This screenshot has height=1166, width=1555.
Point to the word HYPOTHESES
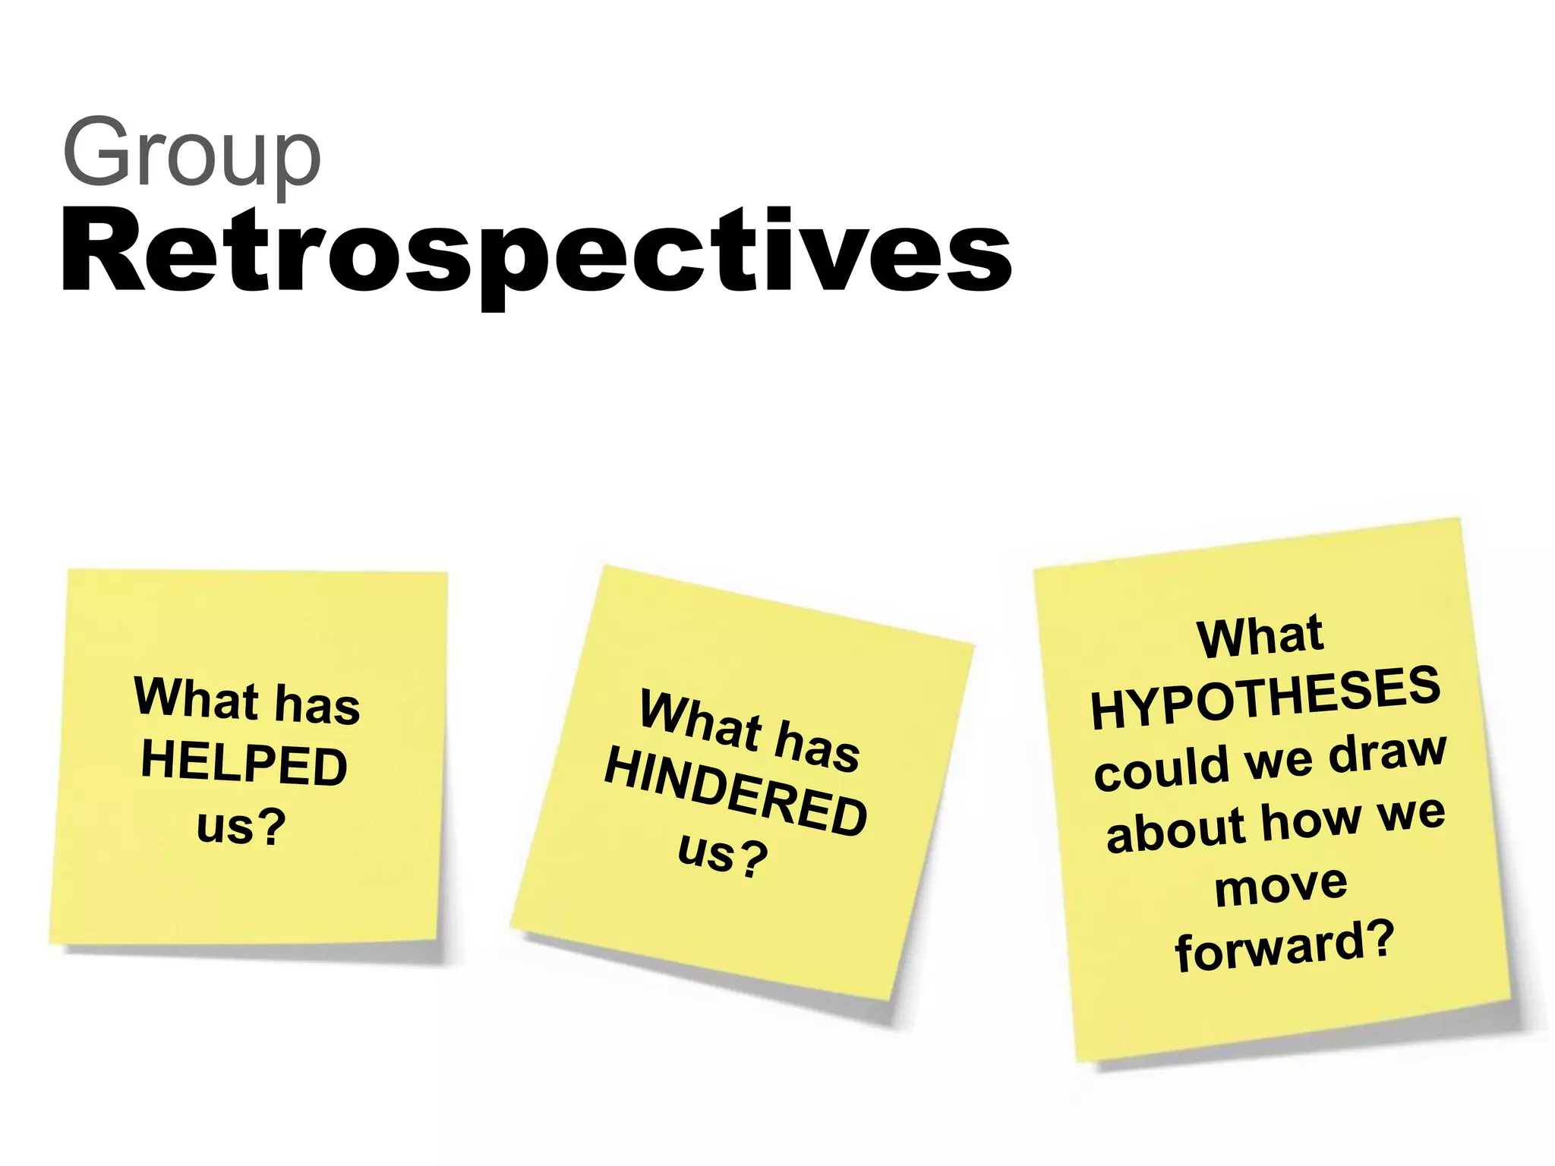coord(1265,698)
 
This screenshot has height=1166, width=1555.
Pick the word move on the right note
coord(1281,885)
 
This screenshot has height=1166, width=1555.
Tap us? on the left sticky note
coord(241,826)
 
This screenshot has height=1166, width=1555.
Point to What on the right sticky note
coord(1260,636)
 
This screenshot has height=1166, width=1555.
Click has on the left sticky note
coord(317,704)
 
